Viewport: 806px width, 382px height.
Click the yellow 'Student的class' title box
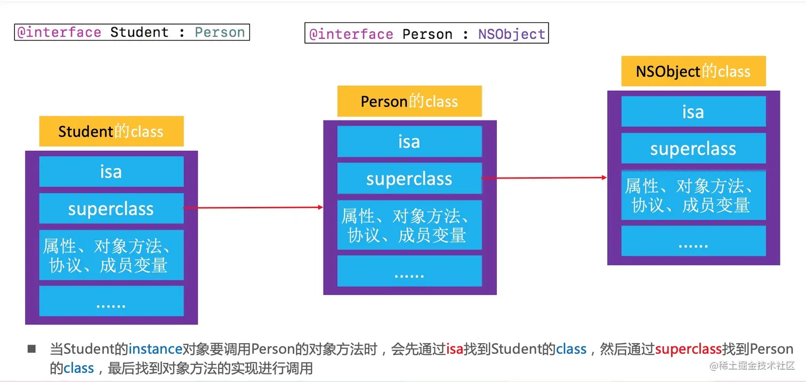(x=111, y=131)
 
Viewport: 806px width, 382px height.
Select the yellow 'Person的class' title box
(x=409, y=101)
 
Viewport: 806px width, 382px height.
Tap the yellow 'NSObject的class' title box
(x=694, y=71)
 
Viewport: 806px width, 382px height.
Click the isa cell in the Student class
(x=111, y=171)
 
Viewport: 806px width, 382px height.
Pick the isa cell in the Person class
(x=409, y=141)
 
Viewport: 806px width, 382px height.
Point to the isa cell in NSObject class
(x=694, y=111)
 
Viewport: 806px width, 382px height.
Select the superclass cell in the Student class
(x=111, y=208)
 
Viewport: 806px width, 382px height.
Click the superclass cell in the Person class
(x=409, y=178)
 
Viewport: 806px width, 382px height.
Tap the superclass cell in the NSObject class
(x=694, y=148)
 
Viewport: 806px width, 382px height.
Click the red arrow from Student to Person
(x=254, y=208)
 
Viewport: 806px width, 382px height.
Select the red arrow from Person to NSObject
(x=544, y=178)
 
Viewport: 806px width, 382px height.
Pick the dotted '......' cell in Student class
(x=111, y=301)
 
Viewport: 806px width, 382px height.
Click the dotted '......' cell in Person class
(x=409, y=271)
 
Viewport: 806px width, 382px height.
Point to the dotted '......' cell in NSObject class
(x=694, y=241)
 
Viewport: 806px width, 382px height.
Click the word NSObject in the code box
(x=511, y=34)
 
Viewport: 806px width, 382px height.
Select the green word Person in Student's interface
(x=220, y=32)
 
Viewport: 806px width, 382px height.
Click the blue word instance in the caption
(x=156, y=349)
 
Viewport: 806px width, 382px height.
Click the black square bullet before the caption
(x=31, y=349)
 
